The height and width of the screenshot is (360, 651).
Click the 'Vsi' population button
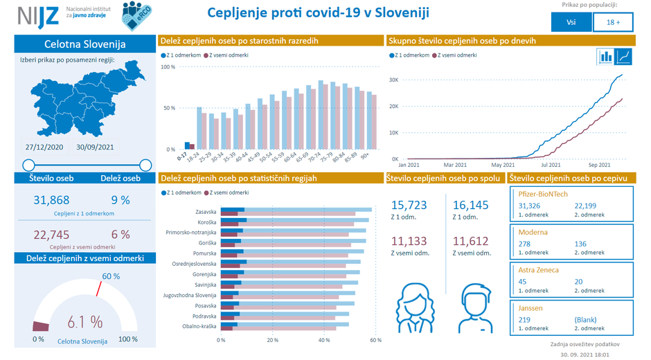[x=571, y=22]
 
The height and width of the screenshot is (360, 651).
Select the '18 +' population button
[x=613, y=22]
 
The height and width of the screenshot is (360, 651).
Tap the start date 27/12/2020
[x=44, y=147]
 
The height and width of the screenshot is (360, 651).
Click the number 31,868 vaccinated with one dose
[x=52, y=200]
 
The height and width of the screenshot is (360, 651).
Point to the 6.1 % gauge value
[x=85, y=322]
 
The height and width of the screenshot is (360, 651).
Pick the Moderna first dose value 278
[x=524, y=244]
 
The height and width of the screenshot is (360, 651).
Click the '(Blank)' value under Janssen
[x=585, y=320]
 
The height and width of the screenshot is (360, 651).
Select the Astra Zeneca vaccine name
[x=538, y=270]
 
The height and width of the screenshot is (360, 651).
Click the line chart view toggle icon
[x=624, y=56]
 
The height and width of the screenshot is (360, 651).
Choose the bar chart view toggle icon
[x=606, y=56]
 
